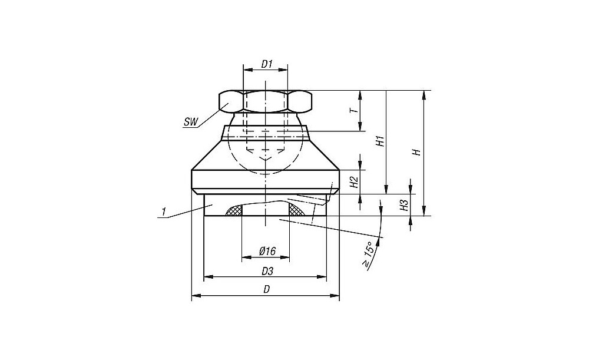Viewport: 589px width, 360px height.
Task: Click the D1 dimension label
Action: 266,64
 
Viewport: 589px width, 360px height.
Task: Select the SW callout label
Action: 190,122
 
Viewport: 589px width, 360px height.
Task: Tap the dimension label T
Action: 353,111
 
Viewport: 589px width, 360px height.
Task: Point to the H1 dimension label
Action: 380,141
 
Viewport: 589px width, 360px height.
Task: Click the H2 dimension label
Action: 354,182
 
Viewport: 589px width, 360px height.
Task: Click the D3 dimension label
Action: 267,270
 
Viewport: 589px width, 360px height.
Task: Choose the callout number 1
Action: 163,212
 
